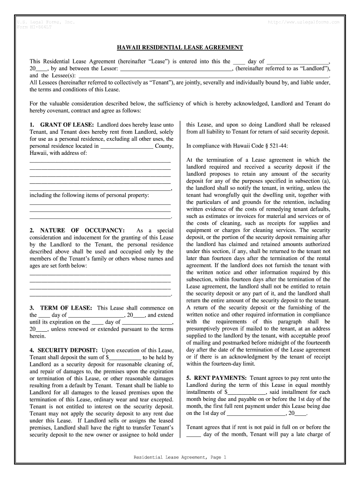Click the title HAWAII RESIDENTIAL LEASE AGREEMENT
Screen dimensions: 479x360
(180, 48)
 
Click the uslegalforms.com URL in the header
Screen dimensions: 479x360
(303, 22)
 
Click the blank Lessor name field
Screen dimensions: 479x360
(176, 68)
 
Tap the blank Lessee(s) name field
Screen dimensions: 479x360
(204, 75)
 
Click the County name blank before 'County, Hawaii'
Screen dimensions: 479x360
(127, 146)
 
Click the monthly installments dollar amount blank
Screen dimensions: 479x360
(246, 392)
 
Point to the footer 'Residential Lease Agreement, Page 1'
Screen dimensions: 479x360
(180, 457)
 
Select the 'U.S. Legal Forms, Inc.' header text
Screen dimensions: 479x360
(46, 22)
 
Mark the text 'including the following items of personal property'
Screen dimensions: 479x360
(89, 195)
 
